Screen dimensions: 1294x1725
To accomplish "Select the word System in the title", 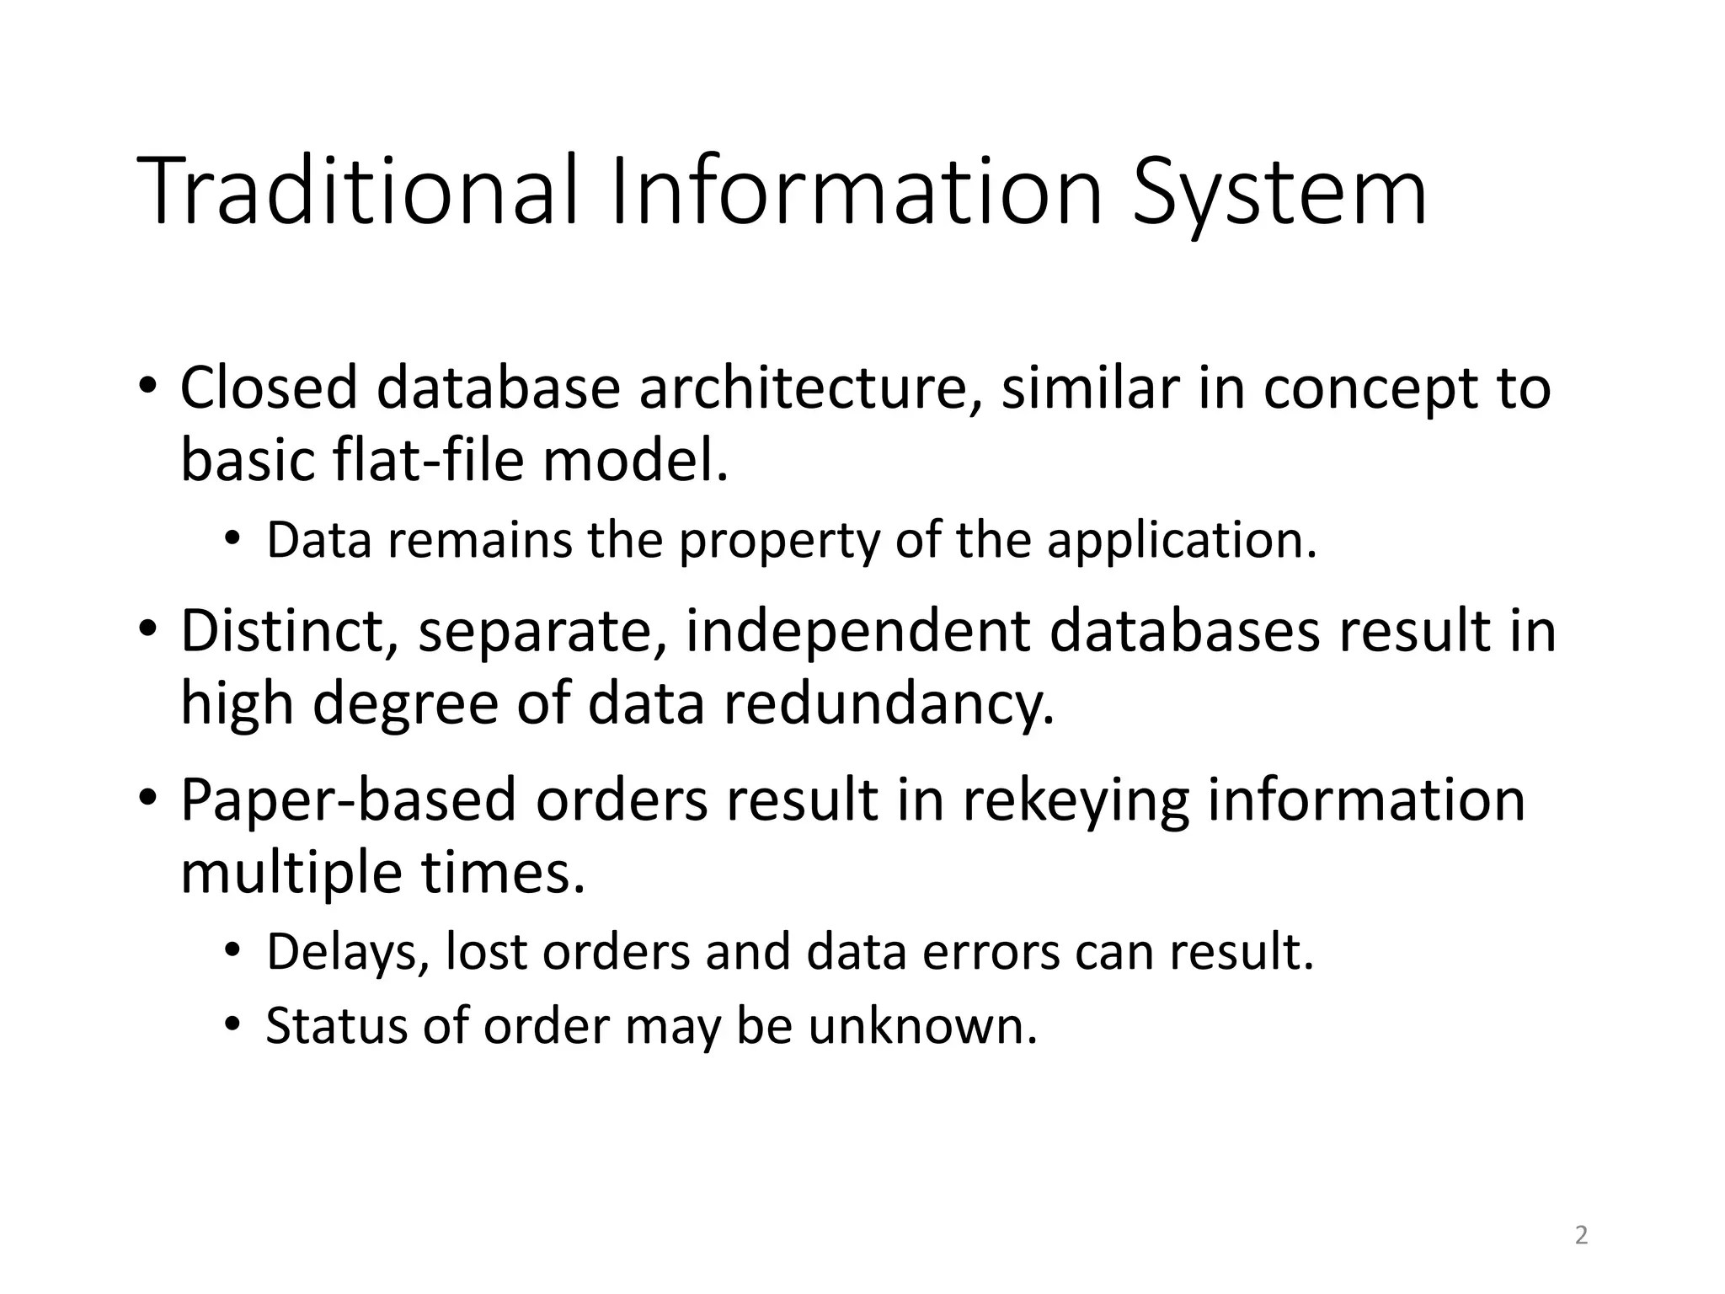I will pyautogui.click(x=1279, y=191).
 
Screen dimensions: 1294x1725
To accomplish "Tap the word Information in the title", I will pyautogui.click(x=855, y=191).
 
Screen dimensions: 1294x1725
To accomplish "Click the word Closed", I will pyautogui.click(x=269, y=388).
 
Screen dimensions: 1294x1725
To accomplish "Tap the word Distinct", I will pyautogui.click(x=289, y=631).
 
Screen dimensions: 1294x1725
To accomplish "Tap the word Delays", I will pyautogui.click(x=347, y=952).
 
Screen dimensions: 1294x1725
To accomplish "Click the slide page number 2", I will pyautogui.click(x=1581, y=1236).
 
